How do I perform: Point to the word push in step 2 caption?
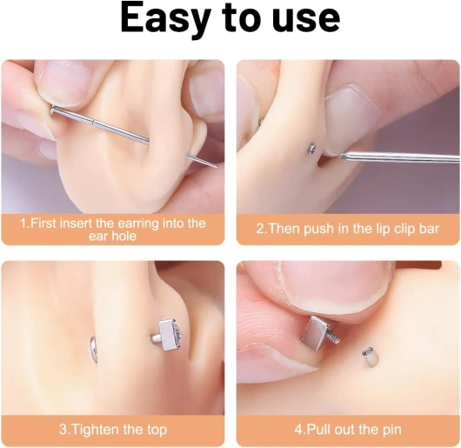tap(319, 229)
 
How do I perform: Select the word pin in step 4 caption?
tap(392, 430)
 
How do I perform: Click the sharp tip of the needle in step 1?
tap(217, 167)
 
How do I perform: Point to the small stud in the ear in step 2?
tap(311, 148)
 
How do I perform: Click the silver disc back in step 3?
tap(93, 349)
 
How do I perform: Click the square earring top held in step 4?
tap(316, 332)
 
